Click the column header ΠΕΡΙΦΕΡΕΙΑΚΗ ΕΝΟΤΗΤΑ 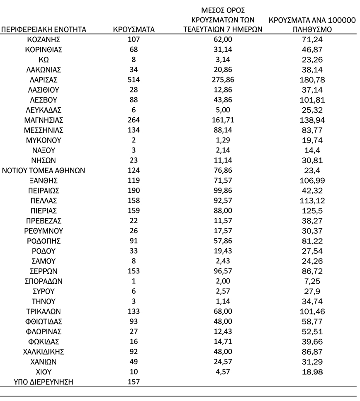point(44,29)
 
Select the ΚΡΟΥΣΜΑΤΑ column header point(134,29)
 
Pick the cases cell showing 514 point(134,80)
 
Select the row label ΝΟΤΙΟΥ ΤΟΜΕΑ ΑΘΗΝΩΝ point(44,170)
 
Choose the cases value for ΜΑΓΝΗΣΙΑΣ point(134,120)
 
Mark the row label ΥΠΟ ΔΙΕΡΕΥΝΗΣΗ point(44,382)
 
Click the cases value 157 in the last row point(134,382)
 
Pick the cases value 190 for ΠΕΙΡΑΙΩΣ point(134,190)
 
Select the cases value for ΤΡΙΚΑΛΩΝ point(134,311)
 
